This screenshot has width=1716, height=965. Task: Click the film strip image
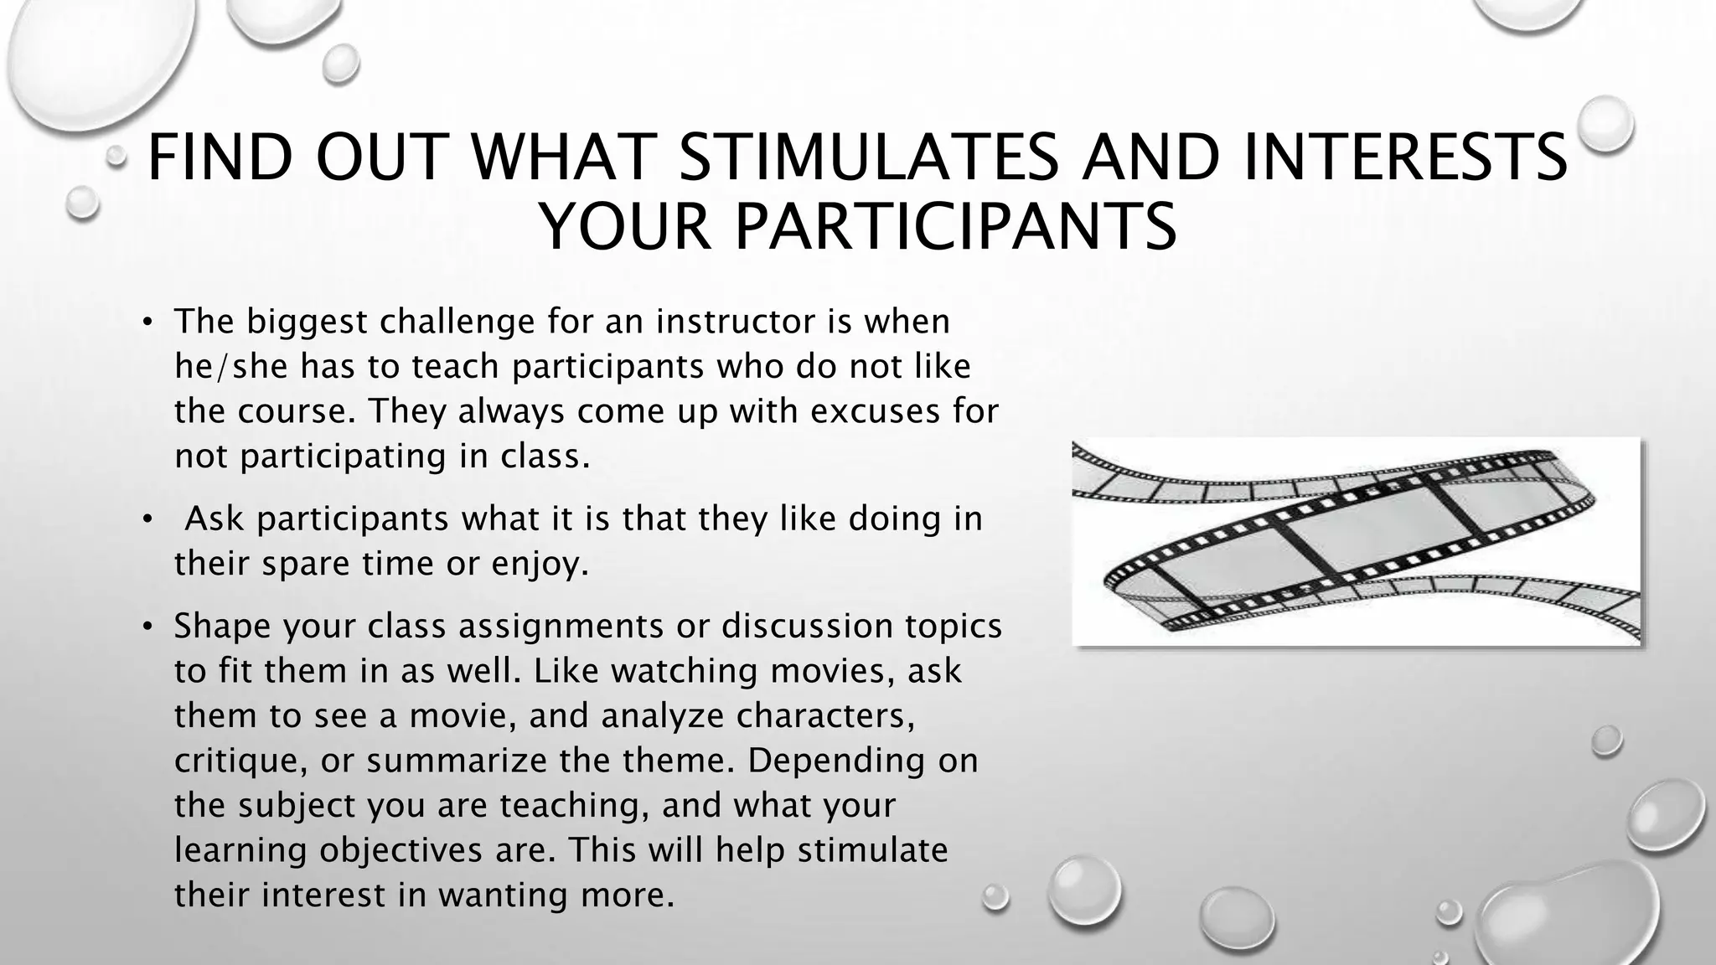[x=1356, y=541]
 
